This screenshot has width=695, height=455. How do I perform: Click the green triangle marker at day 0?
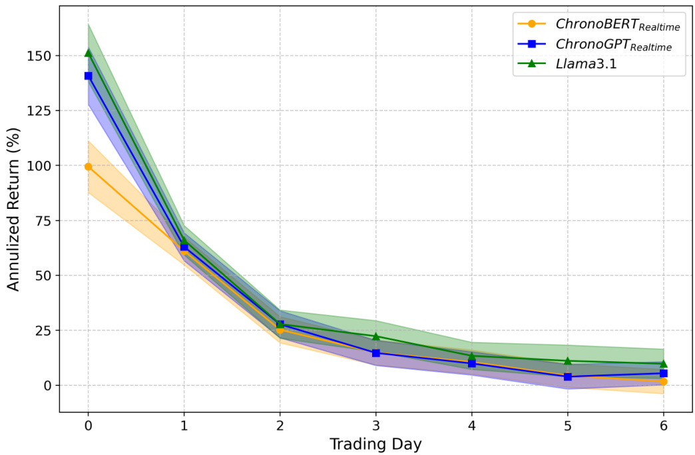pos(88,53)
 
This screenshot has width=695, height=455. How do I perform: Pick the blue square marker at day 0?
pos(88,76)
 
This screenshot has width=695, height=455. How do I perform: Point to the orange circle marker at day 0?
pos(88,166)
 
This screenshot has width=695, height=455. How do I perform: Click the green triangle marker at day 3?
pos(376,337)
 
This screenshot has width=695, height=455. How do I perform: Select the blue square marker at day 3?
pos(376,353)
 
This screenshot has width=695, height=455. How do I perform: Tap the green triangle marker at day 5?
pos(568,361)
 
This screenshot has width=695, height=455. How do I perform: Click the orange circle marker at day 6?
pos(664,381)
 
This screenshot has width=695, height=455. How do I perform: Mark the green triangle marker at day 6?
pos(664,363)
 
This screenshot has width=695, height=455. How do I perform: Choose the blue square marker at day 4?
pos(472,363)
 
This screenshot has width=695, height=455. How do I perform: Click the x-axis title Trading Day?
pos(375,444)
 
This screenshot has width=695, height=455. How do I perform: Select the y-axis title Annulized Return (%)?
pos(14,219)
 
